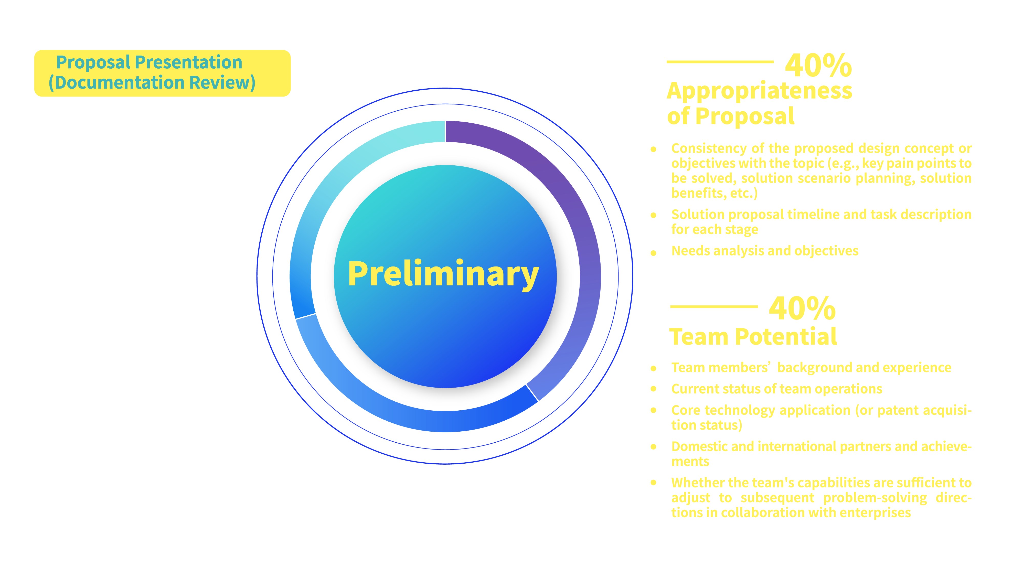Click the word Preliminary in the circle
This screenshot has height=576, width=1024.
click(443, 274)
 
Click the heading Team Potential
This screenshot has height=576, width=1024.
click(752, 337)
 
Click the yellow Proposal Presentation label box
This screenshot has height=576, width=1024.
click(162, 73)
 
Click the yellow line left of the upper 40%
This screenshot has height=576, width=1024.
click(720, 62)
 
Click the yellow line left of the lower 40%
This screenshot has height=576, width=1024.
click(713, 306)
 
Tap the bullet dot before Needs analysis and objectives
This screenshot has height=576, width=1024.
click(653, 253)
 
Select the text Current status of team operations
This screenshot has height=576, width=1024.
click(776, 389)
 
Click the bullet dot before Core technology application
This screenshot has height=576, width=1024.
click(653, 410)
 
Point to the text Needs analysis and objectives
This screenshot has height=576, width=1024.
click(764, 251)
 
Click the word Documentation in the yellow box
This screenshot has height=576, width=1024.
click(120, 83)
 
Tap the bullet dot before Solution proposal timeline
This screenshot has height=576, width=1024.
click(653, 216)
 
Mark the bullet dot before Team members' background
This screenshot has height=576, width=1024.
click(653, 368)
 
